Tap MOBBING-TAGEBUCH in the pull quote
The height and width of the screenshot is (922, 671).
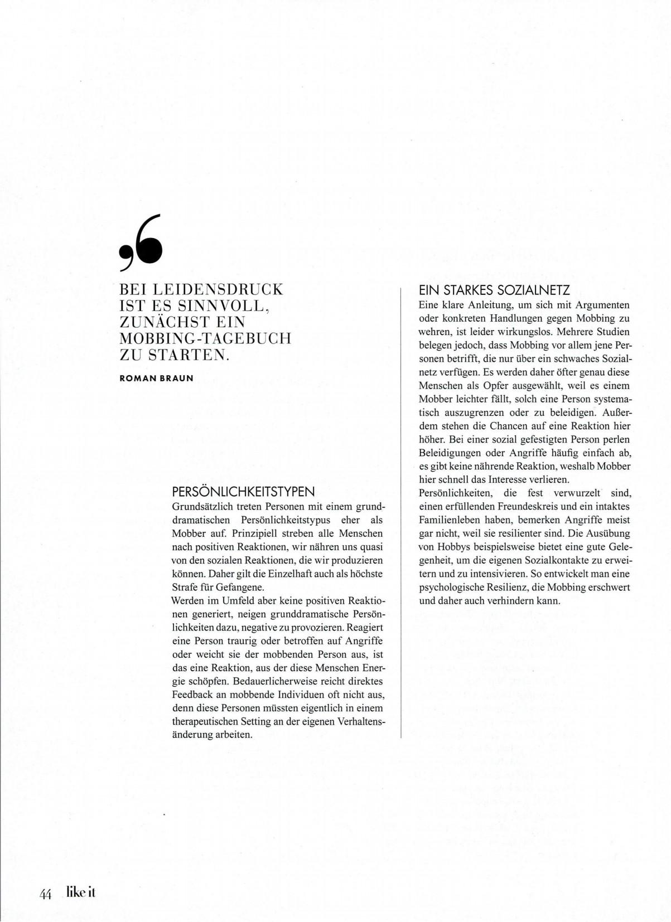(206, 338)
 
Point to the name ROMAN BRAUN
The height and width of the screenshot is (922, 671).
(156, 378)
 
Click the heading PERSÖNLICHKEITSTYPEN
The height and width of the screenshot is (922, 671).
(244, 492)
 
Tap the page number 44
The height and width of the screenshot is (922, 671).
(45, 893)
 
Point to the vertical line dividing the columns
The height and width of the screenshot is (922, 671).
(401, 513)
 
